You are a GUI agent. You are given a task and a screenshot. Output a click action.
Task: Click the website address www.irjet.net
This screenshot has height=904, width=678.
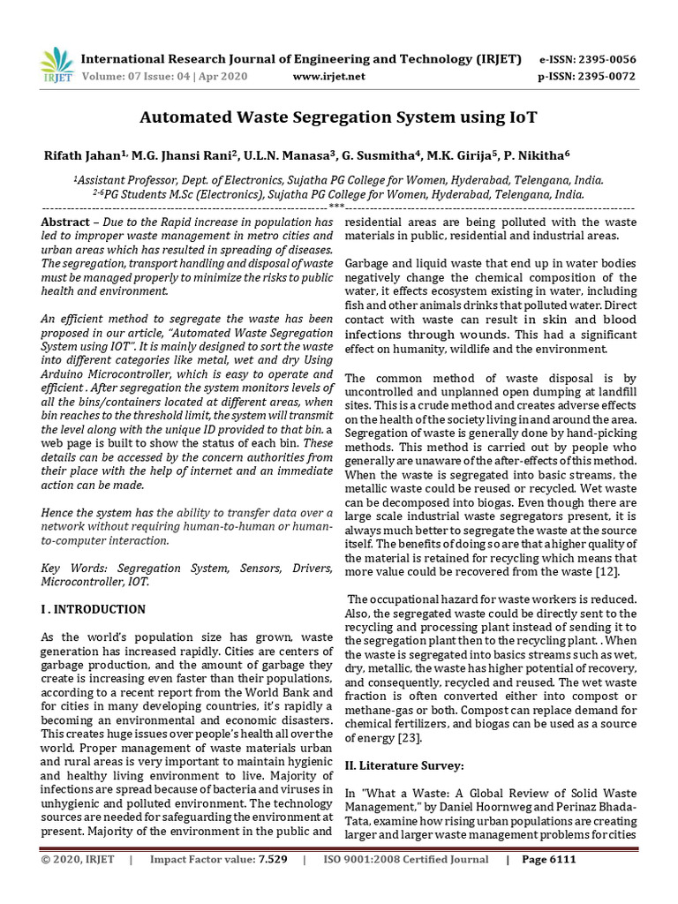pyautogui.click(x=328, y=77)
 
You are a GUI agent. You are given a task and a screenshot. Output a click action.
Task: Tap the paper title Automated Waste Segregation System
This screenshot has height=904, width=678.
pyautogui.click(x=339, y=117)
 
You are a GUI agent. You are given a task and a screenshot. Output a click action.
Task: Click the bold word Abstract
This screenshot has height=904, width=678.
pyautogui.click(x=65, y=222)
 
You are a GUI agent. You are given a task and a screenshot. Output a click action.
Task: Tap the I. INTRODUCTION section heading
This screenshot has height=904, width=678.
pyautogui.click(x=93, y=609)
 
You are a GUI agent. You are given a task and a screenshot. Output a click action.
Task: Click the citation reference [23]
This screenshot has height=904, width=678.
pyautogui.click(x=408, y=737)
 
